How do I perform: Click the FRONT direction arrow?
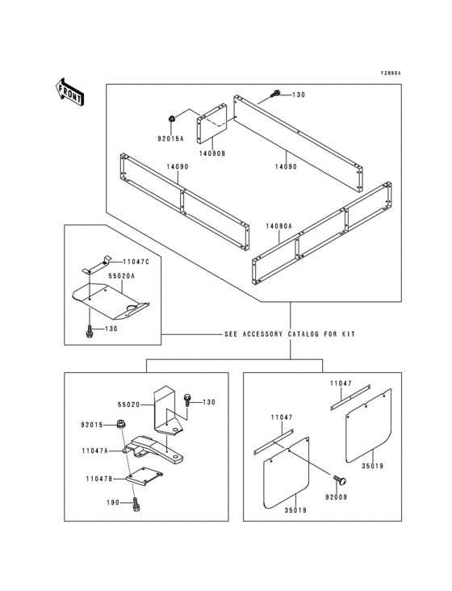coord(70,90)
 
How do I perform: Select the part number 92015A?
coord(170,139)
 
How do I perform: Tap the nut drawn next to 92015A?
coord(171,119)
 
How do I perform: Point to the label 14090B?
coord(211,153)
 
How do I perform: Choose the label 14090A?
coord(279,228)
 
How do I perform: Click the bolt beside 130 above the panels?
coord(276,94)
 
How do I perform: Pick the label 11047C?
coord(136,262)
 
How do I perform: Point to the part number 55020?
coord(129,403)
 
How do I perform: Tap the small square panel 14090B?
coord(211,121)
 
